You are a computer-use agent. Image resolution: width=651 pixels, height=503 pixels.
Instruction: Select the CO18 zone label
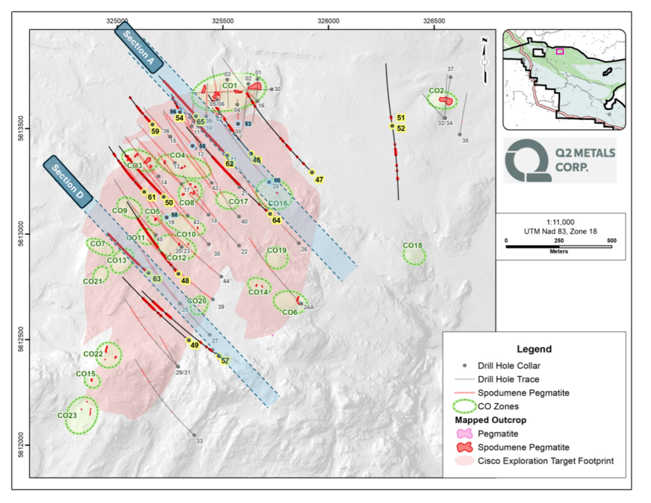pos(413,246)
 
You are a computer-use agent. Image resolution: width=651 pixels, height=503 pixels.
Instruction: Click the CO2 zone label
pos(436,91)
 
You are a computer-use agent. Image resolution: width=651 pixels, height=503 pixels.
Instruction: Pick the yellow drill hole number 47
pos(319,180)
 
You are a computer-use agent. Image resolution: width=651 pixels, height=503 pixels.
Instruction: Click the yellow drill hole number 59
pos(155,131)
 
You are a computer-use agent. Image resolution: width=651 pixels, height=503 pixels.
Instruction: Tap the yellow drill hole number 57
pos(225,361)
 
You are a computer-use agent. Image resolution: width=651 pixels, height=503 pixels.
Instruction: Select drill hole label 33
pos(199,441)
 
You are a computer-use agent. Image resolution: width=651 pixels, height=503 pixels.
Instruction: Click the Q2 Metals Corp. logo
pos(559,160)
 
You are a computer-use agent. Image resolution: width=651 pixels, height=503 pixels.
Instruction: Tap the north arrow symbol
pos(484,53)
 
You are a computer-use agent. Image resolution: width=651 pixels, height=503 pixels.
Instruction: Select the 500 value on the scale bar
pos(611,241)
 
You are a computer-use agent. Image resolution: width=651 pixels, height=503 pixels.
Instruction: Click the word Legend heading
pos(534,349)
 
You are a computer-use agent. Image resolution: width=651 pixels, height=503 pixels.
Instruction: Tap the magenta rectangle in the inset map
pos(559,51)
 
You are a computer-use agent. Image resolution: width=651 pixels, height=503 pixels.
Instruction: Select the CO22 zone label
pos(93,354)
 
